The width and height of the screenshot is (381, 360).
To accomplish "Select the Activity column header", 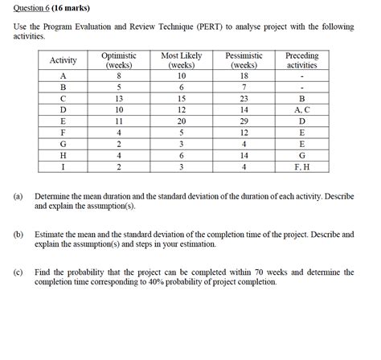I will tap(63, 60).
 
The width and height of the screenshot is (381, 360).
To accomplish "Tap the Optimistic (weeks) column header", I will tap(119, 60).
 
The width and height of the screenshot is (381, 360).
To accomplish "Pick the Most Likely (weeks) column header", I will tap(182, 60).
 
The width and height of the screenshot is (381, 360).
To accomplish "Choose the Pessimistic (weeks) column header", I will tap(242, 60).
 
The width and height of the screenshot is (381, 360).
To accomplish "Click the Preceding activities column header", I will tap(302, 60).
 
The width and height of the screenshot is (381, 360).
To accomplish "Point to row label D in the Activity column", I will tap(63, 108).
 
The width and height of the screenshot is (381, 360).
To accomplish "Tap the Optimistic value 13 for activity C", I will tap(119, 97).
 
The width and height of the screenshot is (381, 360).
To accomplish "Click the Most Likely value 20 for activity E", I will tap(182, 121).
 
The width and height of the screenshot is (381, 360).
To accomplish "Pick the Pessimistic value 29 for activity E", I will tap(242, 121).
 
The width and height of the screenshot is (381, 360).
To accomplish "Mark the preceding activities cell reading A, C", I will tap(302, 108).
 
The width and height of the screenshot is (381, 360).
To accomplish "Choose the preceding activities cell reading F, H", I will tap(302, 167).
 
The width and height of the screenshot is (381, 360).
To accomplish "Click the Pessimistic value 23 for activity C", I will tap(242, 97).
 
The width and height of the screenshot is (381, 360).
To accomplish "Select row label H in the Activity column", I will tap(63, 155).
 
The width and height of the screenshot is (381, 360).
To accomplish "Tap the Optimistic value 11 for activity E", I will tap(119, 121).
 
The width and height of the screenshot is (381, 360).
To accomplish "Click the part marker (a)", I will tap(18, 196).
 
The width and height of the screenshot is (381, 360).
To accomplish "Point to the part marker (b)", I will tap(18, 234).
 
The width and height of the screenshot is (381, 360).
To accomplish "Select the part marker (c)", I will tap(18, 272).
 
